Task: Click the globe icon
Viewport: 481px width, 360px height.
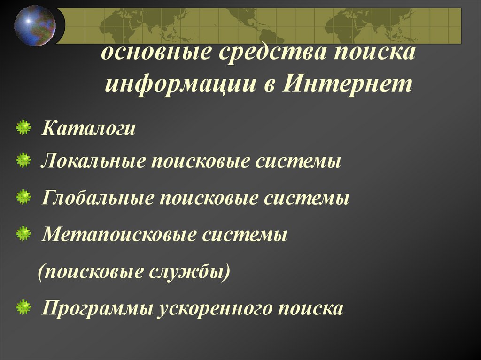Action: click(34, 25)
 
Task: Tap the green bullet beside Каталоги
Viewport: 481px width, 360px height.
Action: click(23, 128)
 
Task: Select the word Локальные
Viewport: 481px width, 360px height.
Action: click(92, 162)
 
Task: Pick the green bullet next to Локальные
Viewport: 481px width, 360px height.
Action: click(23, 161)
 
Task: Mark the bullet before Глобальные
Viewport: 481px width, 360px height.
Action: click(23, 197)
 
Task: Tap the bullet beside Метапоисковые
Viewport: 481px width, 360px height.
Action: click(23, 233)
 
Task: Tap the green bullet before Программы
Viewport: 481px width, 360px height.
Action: click(23, 308)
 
